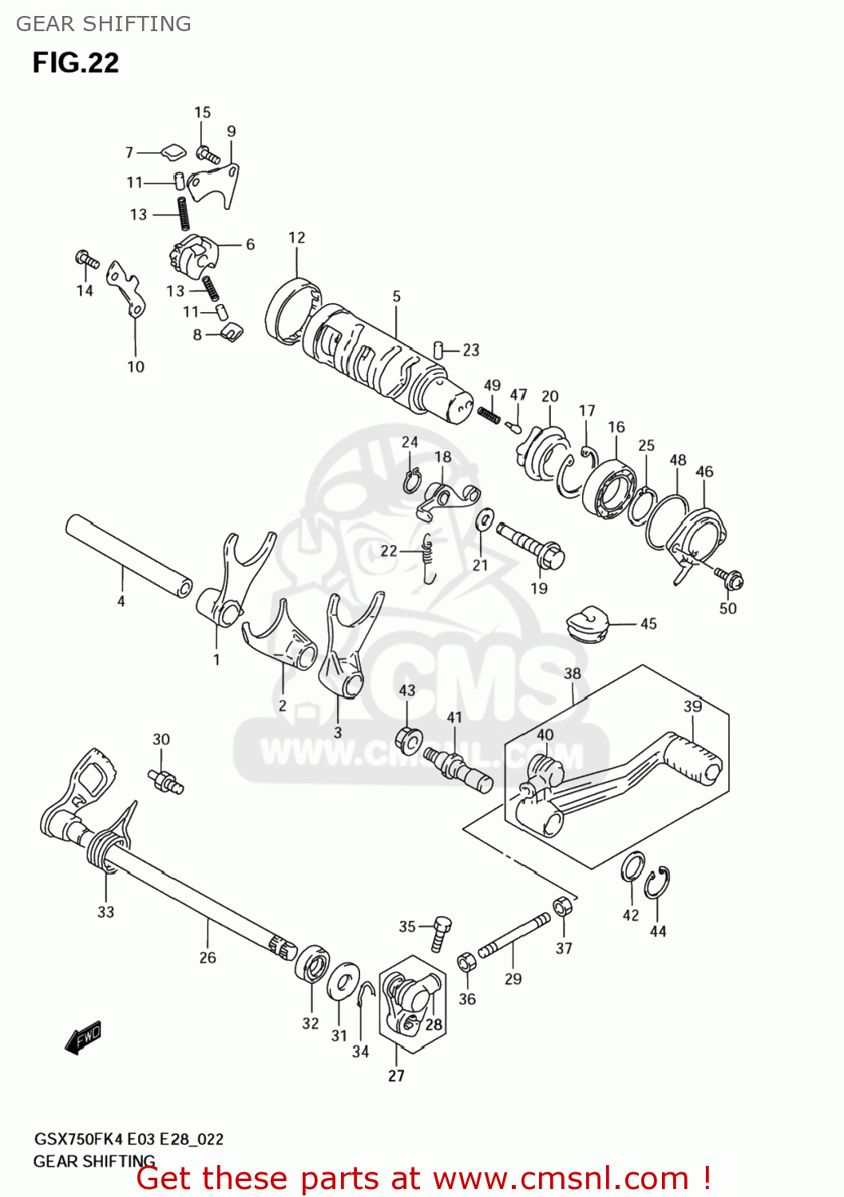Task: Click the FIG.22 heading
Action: coord(76,63)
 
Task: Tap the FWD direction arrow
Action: coord(83,1037)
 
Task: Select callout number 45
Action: coord(648,624)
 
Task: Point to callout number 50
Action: coord(727,608)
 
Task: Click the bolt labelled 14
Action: coord(85,259)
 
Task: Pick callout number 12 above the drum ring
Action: coord(296,238)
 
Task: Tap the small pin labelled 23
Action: coord(438,350)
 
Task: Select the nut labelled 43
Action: coord(408,740)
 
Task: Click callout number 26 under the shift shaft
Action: coord(208,958)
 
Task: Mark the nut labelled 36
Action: coord(466,962)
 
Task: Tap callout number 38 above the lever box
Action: coord(573,674)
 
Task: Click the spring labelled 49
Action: coord(489,414)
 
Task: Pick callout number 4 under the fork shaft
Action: coord(121,601)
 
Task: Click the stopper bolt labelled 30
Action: coord(165,780)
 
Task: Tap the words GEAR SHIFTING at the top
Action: coord(104,24)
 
